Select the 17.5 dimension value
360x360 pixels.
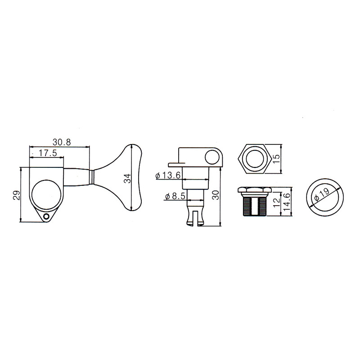pos(48,153)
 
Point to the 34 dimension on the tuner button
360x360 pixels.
pos(127,178)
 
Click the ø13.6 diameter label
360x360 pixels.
pos(168,175)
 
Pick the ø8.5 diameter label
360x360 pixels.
pos(175,197)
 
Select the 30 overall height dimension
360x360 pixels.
pos(216,195)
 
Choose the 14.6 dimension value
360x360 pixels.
pos(287,201)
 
